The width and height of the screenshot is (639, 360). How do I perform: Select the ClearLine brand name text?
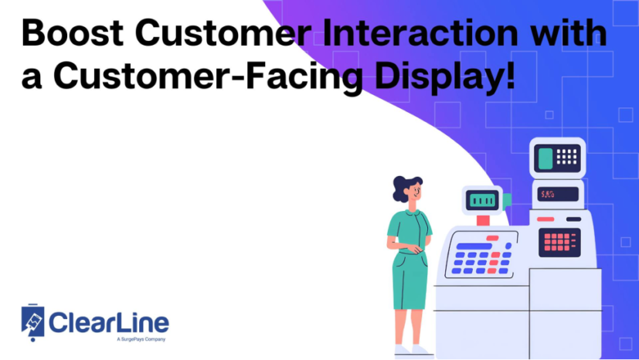pos(108,323)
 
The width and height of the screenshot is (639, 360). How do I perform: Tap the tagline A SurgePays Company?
pos(141,339)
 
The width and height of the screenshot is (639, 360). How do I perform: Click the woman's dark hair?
pos(403,188)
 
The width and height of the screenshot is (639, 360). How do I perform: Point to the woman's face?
pos(413,192)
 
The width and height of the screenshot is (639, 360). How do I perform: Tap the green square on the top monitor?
pos(546,159)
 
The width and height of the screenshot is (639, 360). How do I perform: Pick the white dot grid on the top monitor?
pos(568,156)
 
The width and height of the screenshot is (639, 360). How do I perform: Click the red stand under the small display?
pos(483,220)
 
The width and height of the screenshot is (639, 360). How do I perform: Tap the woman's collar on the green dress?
pos(410,212)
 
